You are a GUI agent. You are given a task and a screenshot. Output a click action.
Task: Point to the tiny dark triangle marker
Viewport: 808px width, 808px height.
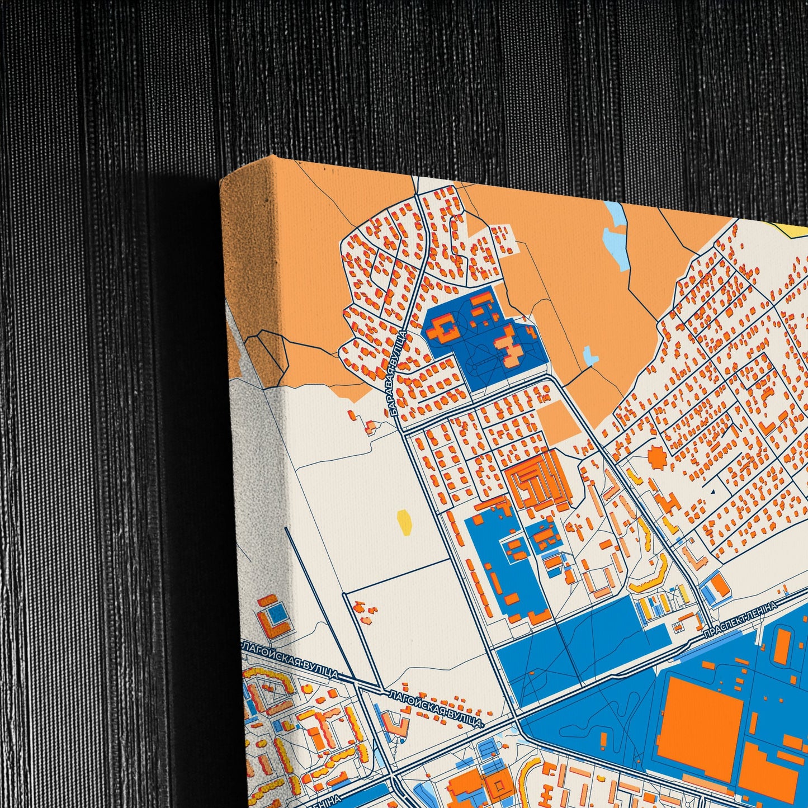712,492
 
